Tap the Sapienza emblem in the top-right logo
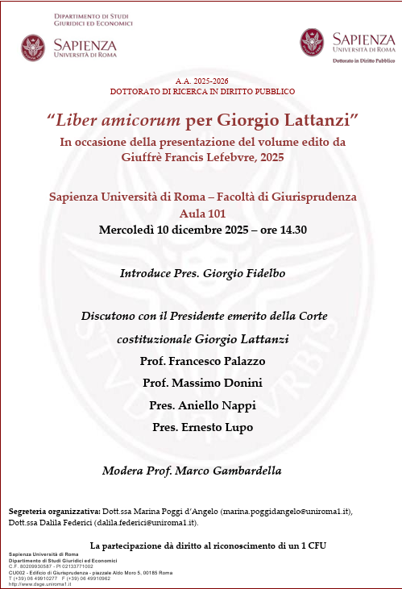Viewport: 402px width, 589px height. (x=313, y=42)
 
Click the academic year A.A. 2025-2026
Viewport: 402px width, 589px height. (x=202, y=81)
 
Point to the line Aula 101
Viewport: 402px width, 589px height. (x=202, y=214)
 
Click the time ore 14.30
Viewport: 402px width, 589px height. (x=278, y=230)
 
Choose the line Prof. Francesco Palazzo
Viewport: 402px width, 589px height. (x=202, y=360)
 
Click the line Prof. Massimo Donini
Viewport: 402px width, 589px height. (x=202, y=382)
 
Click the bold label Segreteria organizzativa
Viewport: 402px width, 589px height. (x=55, y=511)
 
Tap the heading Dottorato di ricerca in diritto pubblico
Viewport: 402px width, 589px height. (x=202, y=92)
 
